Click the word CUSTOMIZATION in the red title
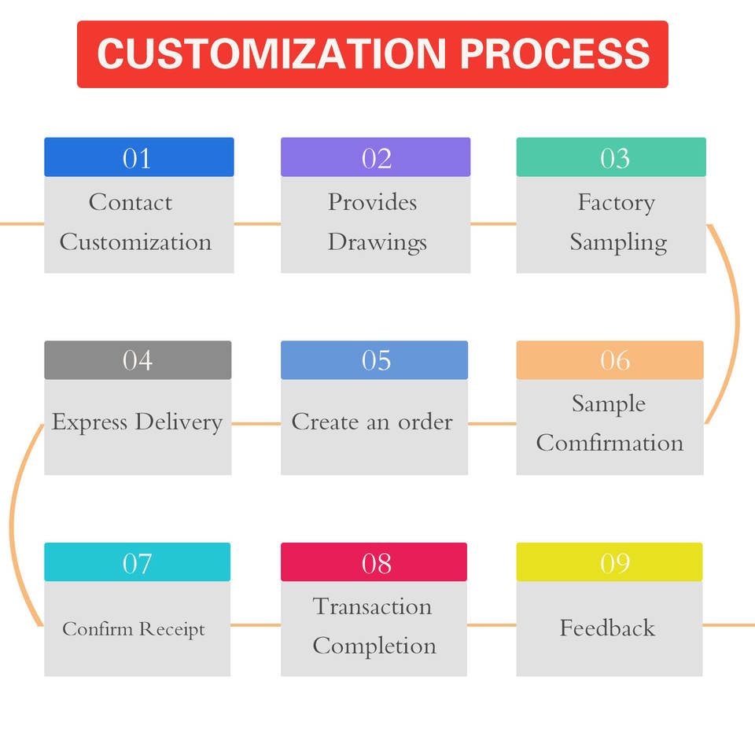click(x=272, y=54)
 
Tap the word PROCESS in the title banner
click(x=555, y=54)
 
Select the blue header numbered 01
click(x=138, y=157)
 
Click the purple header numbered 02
click(x=375, y=157)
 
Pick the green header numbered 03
click(x=611, y=157)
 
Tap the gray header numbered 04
click(x=138, y=360)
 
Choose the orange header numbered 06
click(x=610, y=360)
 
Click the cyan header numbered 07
click(x=137, y=562)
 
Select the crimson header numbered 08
click(x=374, y=562)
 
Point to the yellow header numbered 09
click(x=610, y=562)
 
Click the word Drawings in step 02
click(x=377, y=242)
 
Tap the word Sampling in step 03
click(x=618, y=242)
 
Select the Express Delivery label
click(x=137, y=422)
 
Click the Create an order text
click(x=372, y=422)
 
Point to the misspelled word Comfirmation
click(x=610, y=443)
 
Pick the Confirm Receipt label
click(x=134, y=629)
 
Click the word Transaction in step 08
click(x=372, y=606)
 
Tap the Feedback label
click(x=607, y=628)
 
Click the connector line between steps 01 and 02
click(x=257, y=224)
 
